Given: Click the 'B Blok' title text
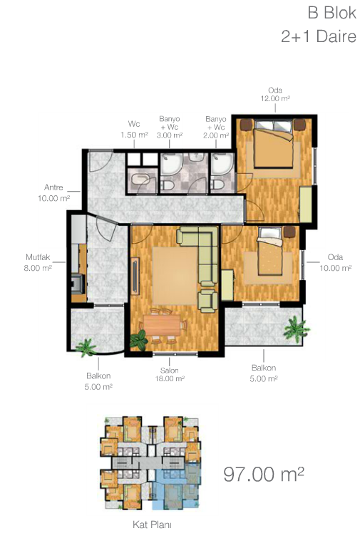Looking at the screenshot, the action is pyautogui.click(x=332, y=13).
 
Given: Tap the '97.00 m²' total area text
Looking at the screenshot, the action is pyautogui.click(x=264, y=474).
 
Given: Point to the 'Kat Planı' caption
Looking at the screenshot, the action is pyautogui.click(x=152, y=524).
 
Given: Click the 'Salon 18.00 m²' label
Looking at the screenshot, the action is pyautogui.click(x=170, y=375).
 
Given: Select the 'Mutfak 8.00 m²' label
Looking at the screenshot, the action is pyautogui.click(x=38, y=262).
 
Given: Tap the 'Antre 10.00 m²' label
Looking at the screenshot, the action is pyautogui.click(x=54, y=192).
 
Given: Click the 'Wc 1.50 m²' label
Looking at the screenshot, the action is pyautogui.click(x=134, y=129).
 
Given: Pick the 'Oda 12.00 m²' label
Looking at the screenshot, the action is pyautogui.click(x=275, y=94).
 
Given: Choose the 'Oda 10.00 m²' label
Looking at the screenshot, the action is pyautogui.click(x=335, y=262).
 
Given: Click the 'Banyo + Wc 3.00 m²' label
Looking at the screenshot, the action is pyautogui.click(x=169, y=127).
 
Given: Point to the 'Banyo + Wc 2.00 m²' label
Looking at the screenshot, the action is pyautogui.click(x=216, y=127).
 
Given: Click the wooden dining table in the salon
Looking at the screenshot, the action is pyautogui.click(x=162, y=325).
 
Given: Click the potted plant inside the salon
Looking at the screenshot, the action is pyautogui.click(x=138, y=340).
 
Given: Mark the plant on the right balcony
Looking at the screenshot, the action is pyautogui.click(x=296, y=329).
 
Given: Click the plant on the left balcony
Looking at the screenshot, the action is pyautogui.click(x=86, y=348).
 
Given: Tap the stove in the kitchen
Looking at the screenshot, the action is pyautogui.click(x=78, y=284).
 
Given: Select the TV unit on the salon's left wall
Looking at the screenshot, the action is pyautogui.click(x=135, y=276).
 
